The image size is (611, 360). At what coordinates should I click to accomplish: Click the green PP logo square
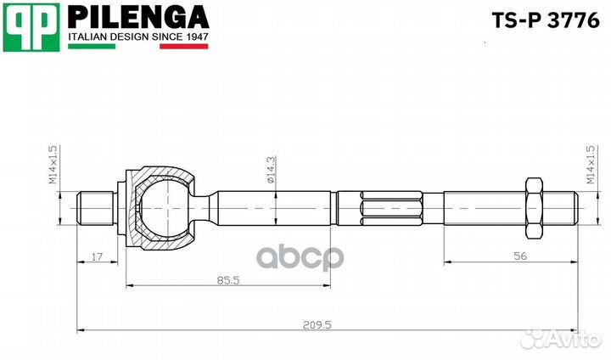click(31, 26)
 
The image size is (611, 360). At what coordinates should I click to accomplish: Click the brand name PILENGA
click(137, 16)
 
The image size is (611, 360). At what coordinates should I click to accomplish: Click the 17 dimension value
click(97, 255)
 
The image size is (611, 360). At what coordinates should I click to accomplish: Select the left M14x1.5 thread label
click(53, 165)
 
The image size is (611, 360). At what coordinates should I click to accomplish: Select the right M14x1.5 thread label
click(590, 165)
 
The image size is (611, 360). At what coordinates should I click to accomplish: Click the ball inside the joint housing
click(161, 205)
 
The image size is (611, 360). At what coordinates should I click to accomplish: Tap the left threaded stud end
click(95, 206)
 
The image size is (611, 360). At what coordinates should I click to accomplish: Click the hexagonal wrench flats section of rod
click(390, 206)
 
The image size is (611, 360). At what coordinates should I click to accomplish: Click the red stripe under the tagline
click(183, 46)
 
